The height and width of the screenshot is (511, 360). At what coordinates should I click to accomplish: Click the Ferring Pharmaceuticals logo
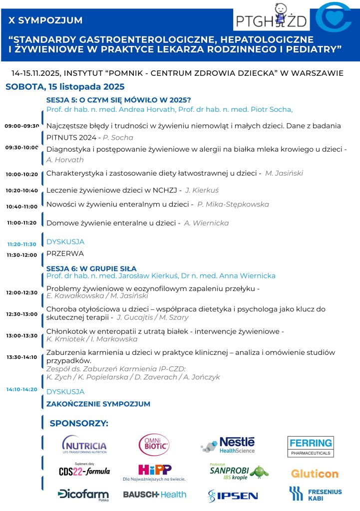pyautogui.click(x=310, y=446)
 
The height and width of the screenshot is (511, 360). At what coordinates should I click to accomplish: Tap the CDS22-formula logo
pyautogui.click(x=84, y=471)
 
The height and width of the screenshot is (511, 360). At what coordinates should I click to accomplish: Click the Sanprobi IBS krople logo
pyautogui.click(x=238, y=471)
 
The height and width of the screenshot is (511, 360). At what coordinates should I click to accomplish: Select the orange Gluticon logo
pyautogui.click(x=315, y=473)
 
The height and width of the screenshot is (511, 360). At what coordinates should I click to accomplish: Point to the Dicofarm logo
pyautogui.click(x=83, y=495)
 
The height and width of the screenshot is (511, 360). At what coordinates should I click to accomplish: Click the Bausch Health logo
pyautogui.click(x=154, y=495)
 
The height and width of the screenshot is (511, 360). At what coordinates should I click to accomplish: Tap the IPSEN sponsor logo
pyautogui.click(x=233, y=496)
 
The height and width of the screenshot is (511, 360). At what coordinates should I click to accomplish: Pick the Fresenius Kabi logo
pyautogui.click(x=315, y=494)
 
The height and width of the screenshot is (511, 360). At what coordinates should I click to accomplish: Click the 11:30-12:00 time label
pyautogui.click(x=21, y=255)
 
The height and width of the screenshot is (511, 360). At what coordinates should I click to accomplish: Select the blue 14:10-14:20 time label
pyautogui.click(x=21, y=389)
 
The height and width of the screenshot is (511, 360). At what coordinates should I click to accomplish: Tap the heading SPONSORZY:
pyautogui.click(x=79, y=424)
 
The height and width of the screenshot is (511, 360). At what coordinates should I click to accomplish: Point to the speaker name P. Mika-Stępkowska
pyautogui.click(x=233, y=204)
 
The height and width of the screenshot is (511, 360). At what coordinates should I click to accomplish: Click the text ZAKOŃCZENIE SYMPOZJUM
pyautogui.click(x=98, y=404)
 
